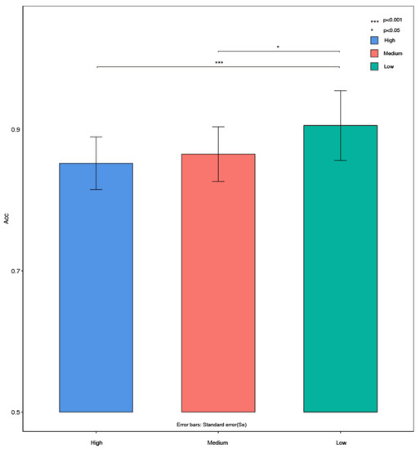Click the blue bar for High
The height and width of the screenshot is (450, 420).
point(96,287)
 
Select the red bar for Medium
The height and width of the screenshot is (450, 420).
point(218,282)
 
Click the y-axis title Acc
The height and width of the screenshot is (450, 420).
point(7,241)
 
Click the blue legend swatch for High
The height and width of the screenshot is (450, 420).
point(374,40)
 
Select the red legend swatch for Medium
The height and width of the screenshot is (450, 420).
point(374,53)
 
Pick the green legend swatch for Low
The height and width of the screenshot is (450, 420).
point(374,66)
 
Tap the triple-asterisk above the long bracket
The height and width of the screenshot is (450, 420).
point(218,62)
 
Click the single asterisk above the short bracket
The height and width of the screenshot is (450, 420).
point(279,47)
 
